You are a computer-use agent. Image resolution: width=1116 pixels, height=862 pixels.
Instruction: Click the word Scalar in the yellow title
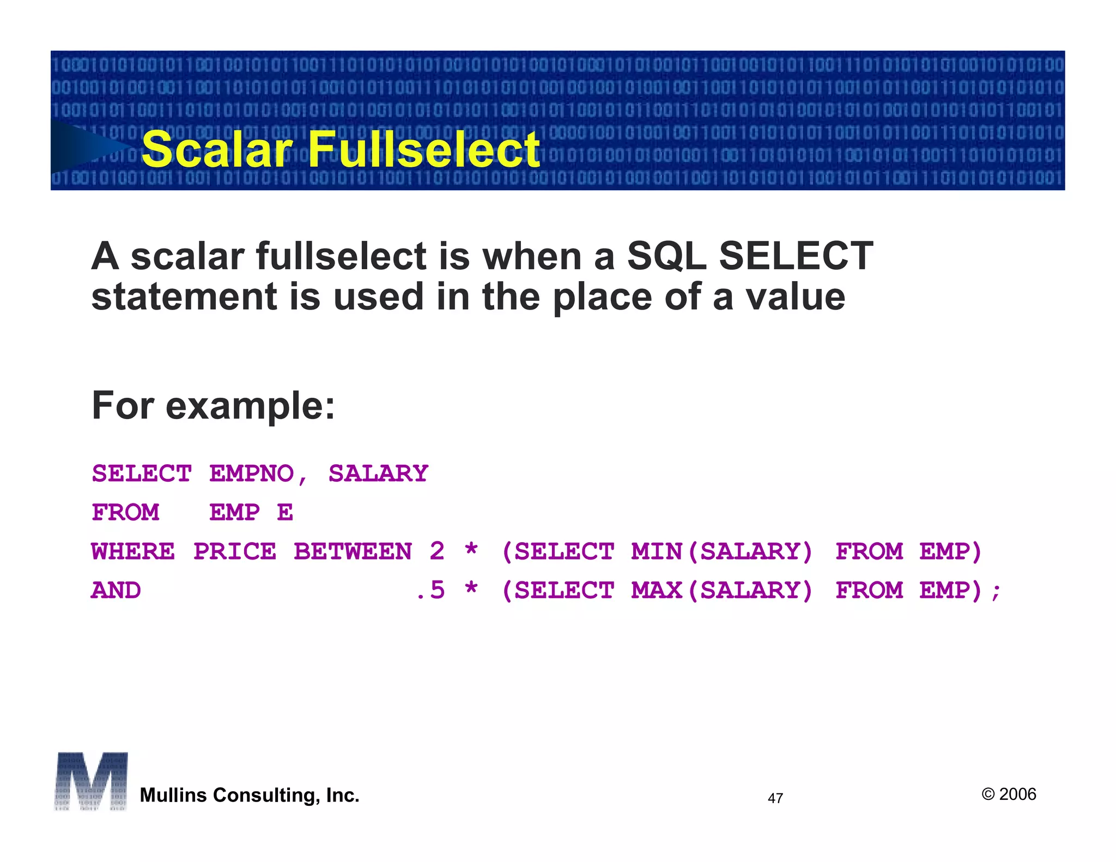click(217, 149)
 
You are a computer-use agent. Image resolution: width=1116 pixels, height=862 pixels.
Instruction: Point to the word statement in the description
click(184, 298)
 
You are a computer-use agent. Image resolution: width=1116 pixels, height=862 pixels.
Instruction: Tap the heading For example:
click(213, 406)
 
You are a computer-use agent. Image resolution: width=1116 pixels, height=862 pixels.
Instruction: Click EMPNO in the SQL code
click(252, 474)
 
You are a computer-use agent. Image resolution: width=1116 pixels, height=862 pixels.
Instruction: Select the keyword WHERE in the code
click(133, 551)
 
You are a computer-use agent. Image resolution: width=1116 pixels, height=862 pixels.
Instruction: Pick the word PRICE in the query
click(235, 551)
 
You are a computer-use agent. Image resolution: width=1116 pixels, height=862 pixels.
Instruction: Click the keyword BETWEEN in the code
click(353, 551)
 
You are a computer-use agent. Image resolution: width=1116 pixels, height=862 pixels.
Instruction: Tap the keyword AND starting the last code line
click(116, 591)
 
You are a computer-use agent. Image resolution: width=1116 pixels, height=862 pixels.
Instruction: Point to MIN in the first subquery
click(656, 551)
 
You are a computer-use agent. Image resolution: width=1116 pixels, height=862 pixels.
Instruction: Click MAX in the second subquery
click(656, 591)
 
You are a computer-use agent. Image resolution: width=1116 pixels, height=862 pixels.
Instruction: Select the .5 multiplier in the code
click(430, 591)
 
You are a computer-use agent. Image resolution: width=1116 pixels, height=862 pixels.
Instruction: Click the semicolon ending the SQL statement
click(996, 592)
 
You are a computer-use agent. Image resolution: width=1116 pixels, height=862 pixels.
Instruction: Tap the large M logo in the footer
click(91, 781)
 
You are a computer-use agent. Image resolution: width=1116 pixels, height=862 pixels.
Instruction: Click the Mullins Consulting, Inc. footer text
click(250, 796)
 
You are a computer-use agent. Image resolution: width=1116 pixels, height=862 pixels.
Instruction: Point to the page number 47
click(775, 798)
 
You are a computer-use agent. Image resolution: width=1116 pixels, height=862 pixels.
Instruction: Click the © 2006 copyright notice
click(1009, 794)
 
